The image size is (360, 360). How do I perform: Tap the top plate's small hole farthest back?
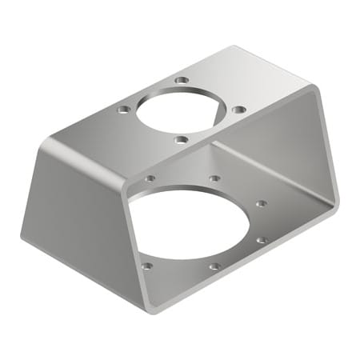[x=182, y=81]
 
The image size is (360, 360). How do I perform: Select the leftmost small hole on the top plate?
[x=122, y=109]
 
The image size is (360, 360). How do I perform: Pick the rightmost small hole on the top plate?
[x=238, y=109]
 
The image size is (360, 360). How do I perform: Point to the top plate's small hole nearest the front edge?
[x=181, y=139]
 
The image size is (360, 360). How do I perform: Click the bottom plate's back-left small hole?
[x=150, y=178]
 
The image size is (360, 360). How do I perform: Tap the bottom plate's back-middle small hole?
[x=214, y=178]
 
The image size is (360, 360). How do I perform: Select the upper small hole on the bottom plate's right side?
[x=261, y=204]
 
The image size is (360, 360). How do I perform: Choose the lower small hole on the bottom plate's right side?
[x=262, y=239]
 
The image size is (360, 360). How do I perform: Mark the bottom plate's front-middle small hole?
[x=214, y=266]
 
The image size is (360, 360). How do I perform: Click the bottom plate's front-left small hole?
[x=146, y=266]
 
